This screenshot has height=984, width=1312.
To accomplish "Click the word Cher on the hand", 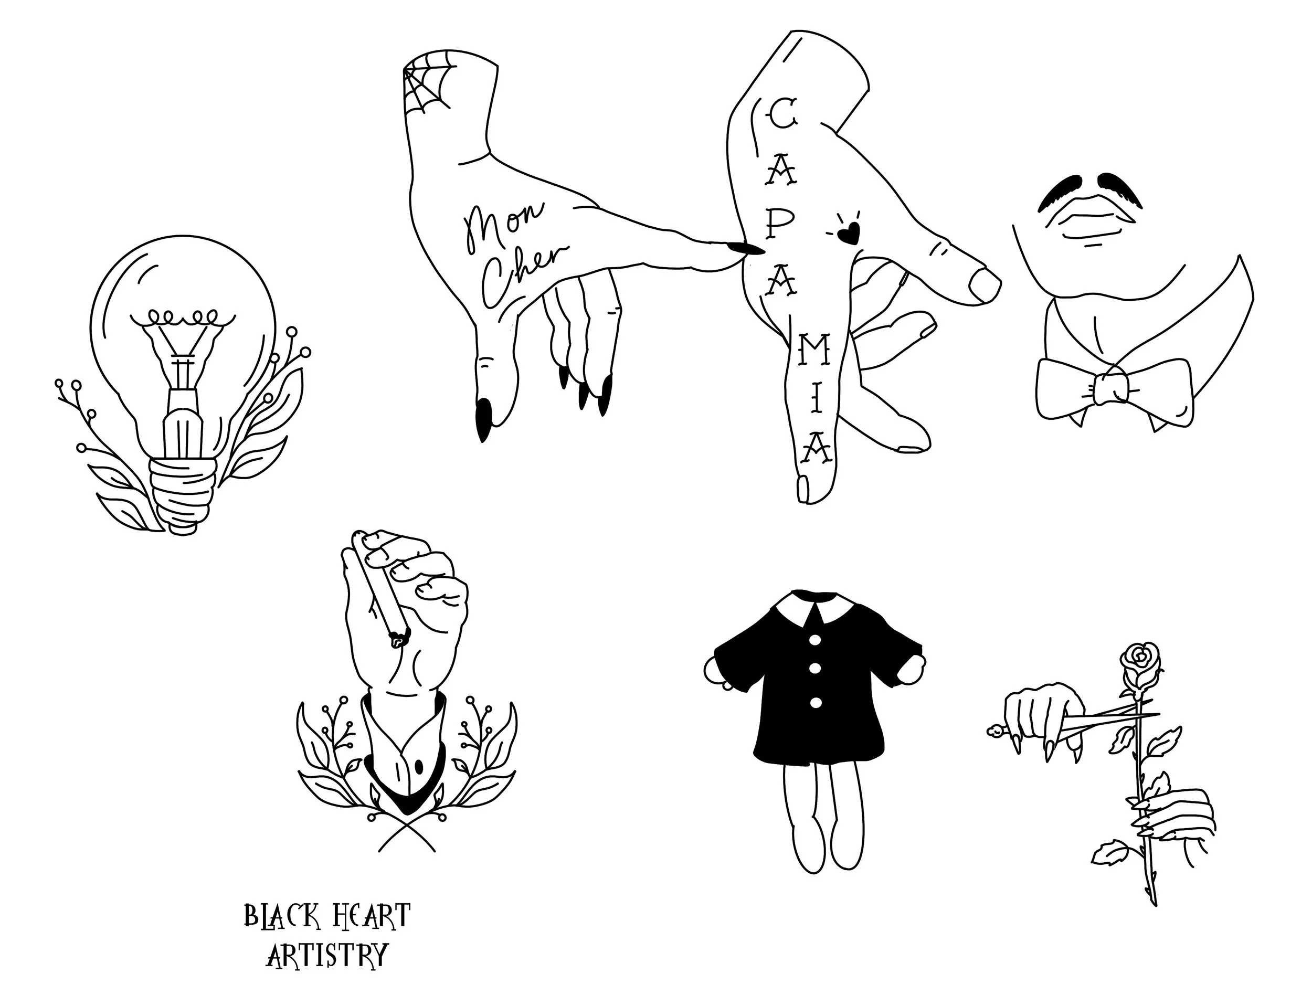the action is [x=522, y=274].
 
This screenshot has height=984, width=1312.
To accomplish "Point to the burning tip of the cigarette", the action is [x=398, y=639].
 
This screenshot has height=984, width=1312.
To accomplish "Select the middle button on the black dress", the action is [x=815, y=669].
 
